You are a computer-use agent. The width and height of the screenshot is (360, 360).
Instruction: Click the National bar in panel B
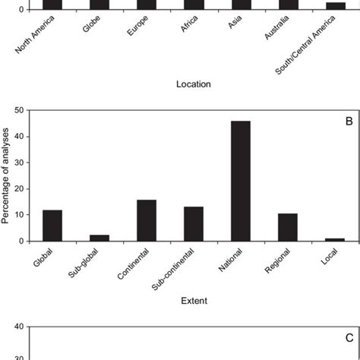pyautogui.click(x=241, y=181)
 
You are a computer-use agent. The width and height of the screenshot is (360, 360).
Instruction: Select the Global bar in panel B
pyautogui.click(x=52, y=226)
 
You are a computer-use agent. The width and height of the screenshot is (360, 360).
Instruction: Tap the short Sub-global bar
pyautogui.click(x=99, y=238)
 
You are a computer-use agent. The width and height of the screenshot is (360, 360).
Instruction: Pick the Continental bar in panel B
pyautogui.click(x=147, y=220)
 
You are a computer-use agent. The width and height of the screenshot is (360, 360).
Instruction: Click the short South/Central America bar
pyautogui.click(x=336, y=6)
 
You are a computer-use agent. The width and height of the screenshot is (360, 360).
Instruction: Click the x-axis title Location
pyautogui.click(x=193, y=84)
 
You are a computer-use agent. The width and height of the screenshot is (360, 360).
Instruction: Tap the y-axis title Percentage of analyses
pyautogui.click(x=8, y=175)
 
